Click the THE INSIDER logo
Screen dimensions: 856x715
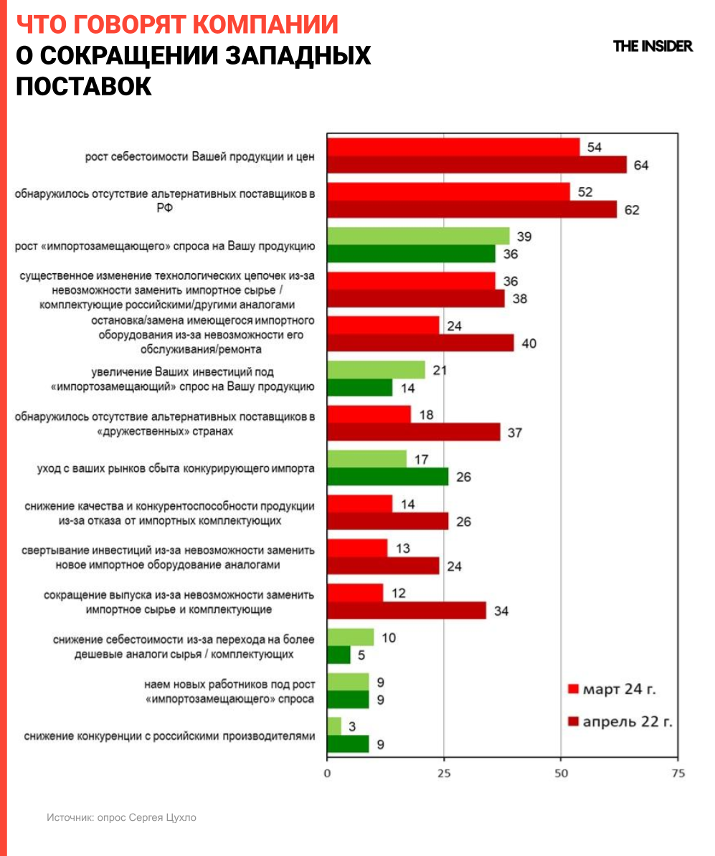coord(653,46)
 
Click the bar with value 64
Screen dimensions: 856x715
coord(477,165)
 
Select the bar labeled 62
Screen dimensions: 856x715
coord(472,209)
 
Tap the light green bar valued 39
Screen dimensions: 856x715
coord(418,236)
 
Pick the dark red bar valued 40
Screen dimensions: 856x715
coord(420,343)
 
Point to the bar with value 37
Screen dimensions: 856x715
coord(414,432)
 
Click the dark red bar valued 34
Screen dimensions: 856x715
coord(407,610)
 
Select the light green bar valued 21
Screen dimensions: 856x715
coord(376,370)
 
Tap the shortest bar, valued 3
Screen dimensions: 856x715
coord(334,726)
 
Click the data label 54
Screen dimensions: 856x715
coord(594,147)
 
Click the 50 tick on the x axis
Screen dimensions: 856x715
coord(561,774)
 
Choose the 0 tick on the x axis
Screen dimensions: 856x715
coord(327,774)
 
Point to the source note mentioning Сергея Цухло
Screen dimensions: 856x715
coord(121,817)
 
